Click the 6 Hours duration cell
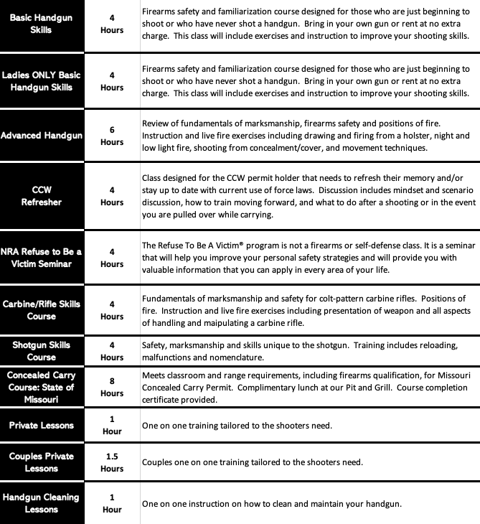click(x=112, y=136)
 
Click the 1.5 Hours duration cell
click(x=112, y=462)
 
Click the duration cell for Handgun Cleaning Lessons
click(x=112, y=503)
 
